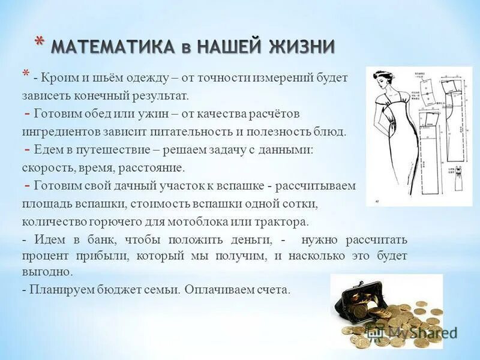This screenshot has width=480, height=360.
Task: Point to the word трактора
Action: pos(284,221)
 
